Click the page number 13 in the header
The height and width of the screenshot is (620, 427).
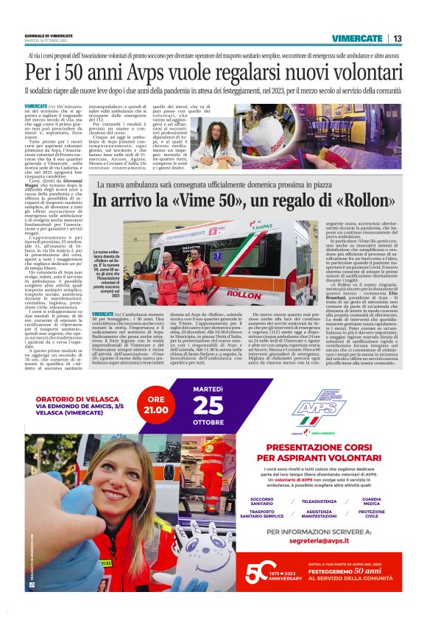[397, 38]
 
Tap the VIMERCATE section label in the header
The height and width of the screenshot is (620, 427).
[357, 38]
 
